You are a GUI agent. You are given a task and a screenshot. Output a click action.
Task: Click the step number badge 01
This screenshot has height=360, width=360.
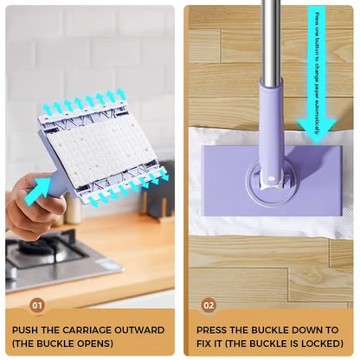pos(36,305)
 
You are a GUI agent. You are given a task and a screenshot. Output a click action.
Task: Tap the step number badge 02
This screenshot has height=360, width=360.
pos(208,305)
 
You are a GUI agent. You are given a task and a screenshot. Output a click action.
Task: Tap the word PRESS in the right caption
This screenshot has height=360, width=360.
pos(215,330)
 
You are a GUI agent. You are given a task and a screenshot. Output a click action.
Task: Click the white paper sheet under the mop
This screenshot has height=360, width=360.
pos(216,216)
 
